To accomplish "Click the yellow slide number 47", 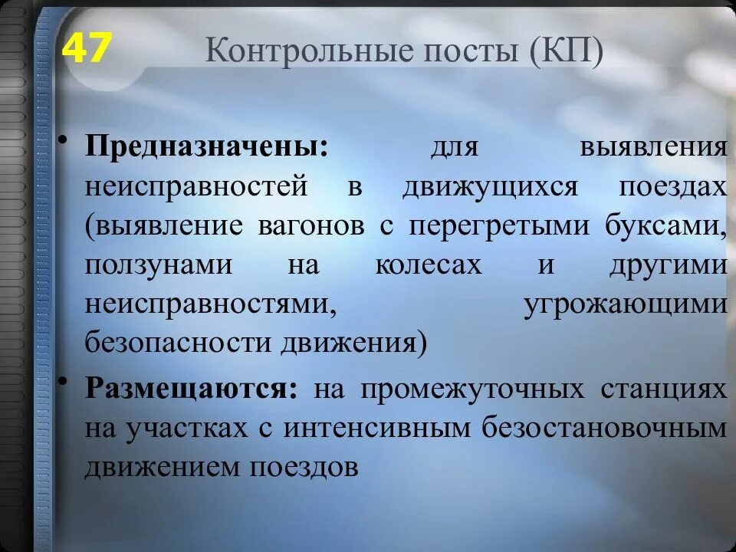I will coord(87,49).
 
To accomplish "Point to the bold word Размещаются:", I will coord(192,387).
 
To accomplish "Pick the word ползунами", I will coord(159,265).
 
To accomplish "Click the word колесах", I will coord(429,265).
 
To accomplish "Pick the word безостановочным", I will coord(605,427).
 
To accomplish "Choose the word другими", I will coord(668,265).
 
